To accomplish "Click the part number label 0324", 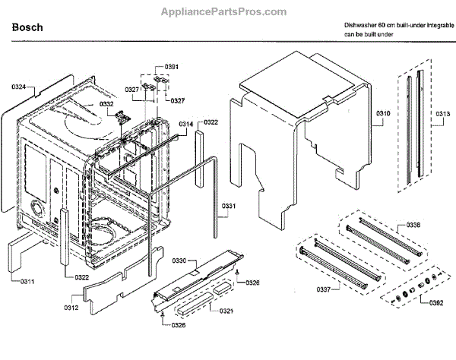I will point(18,87).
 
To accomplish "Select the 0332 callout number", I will point(106,104).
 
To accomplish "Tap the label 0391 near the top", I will point(172,68).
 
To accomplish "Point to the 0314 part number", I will point(186,124).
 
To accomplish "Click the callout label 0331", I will point(229,206).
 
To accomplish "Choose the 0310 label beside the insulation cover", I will point(382,114).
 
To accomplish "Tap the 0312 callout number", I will point(71,308).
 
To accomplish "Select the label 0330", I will point(179,261).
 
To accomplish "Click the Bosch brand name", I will point(27,28).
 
